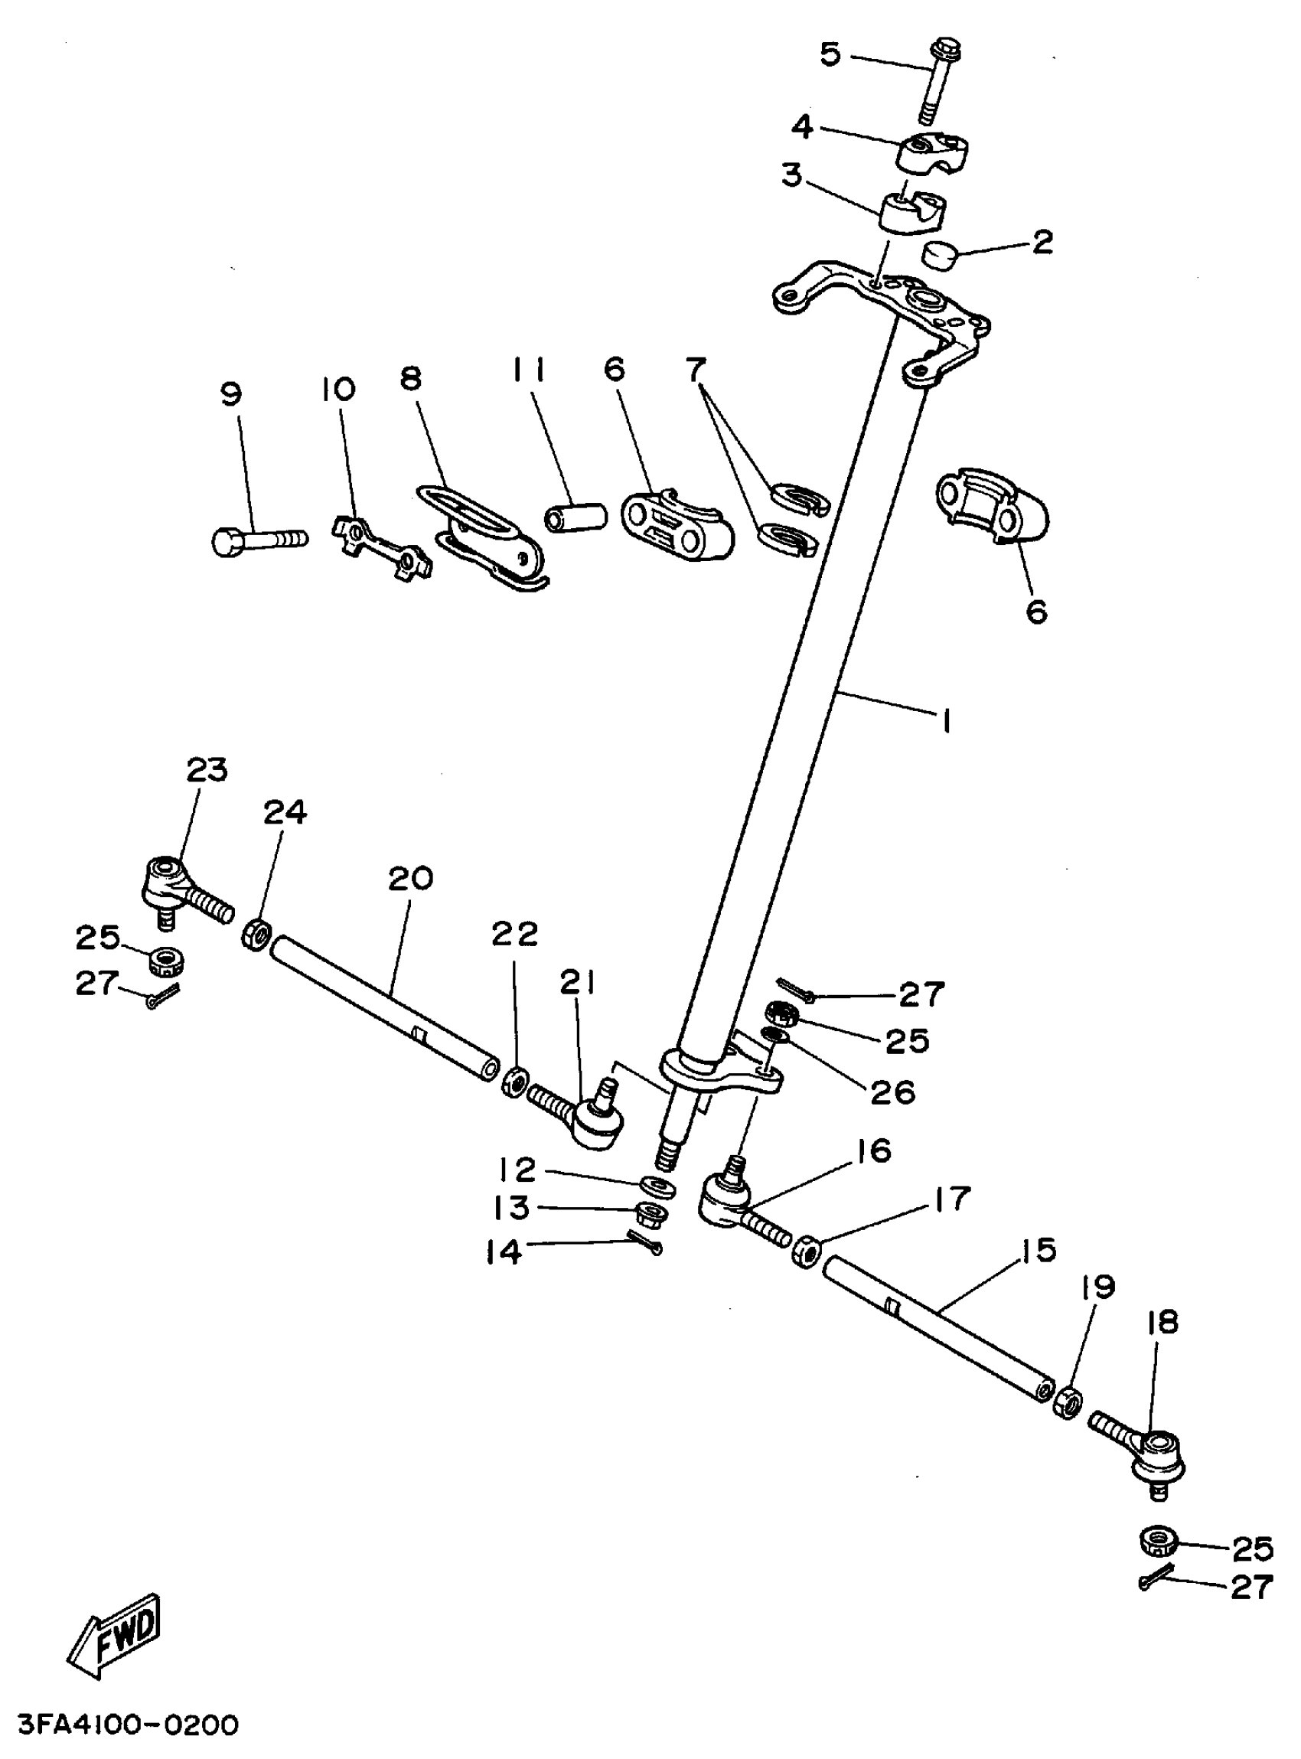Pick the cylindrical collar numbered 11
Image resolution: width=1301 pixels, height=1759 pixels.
(x=575, y=517)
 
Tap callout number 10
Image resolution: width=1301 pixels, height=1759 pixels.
(x=337, y=389)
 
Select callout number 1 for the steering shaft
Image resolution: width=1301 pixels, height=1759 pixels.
(x=946, y=720)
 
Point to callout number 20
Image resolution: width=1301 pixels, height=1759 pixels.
(x=410, y=877)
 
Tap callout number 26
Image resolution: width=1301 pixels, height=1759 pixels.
(x=892, y=1092)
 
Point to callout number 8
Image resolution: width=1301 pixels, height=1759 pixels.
(x=410, y=379)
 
